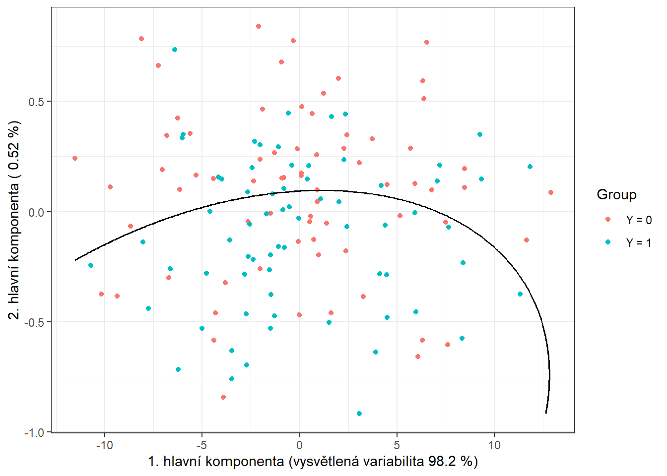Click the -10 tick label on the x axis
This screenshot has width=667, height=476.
[x=104, y=445]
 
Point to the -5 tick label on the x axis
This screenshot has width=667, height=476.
[x=201, y=445]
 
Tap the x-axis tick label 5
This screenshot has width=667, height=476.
[x=397, y=445]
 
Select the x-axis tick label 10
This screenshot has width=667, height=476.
[x=494, y=445]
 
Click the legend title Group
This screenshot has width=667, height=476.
[x=616, y=194]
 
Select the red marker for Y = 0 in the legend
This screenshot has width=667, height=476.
[x=608, y=219]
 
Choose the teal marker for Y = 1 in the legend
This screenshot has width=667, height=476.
[x=608, y=242]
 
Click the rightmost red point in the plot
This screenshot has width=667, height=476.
[x=551, y=192]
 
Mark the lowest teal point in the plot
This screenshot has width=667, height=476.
[x=359, y=414]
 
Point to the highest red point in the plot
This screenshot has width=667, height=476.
[x=259, y=26]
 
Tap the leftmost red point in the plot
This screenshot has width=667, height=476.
[x=75, y=158]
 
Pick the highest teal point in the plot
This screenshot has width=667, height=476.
[x=175, y=50]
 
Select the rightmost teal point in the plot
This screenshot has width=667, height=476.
[x=530, y=167]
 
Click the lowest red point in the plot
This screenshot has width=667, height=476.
[x=223, y=397]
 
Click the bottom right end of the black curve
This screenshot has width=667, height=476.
[x=546, y=413]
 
